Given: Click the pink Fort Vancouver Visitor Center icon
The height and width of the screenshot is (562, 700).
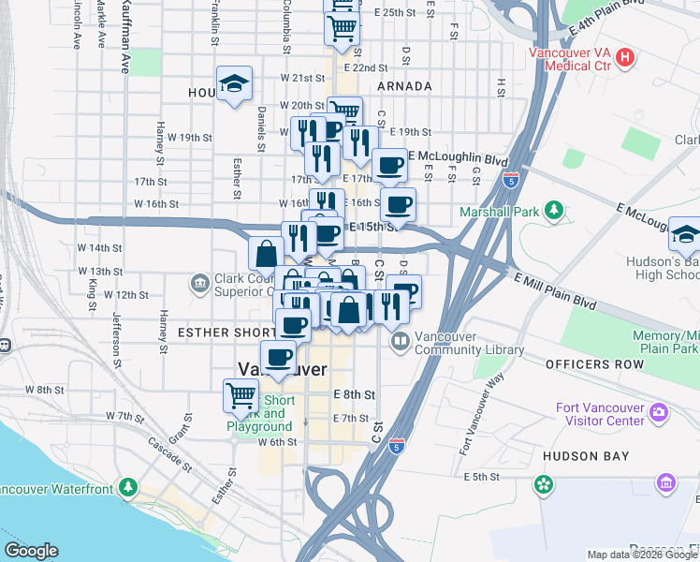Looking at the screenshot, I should click(x=659, y=411).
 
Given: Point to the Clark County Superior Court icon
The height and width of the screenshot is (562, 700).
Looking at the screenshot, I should click(x=198, y=283).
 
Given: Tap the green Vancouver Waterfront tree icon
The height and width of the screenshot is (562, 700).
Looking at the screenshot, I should click(x=127, y=488).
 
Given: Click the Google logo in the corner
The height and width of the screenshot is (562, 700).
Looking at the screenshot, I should click(x=31, y=551).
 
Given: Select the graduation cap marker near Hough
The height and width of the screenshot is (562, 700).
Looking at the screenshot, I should click(x=234, y=85).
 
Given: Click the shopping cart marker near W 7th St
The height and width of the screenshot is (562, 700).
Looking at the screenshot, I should click(x=241, y=395).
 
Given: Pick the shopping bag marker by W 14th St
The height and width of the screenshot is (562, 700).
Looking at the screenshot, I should click(x=266, y=253).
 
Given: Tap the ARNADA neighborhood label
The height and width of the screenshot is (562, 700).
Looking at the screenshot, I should click(x=404, y=86).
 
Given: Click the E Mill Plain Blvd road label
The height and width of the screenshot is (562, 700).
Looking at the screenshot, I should click(x=556, y=289).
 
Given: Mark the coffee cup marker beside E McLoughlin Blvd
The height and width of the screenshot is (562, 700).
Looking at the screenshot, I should click(x=389, y=166).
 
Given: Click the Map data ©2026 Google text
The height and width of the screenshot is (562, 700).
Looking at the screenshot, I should click(x=641, y=555).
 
